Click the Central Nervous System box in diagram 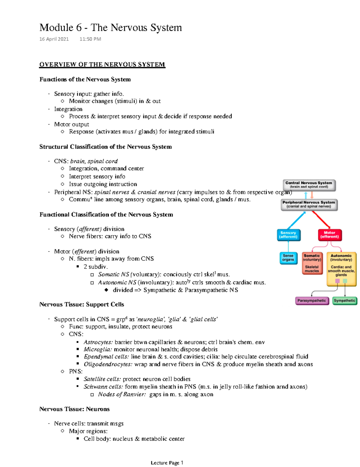click(x=309, y=185)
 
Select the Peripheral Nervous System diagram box click(x=309, y=205)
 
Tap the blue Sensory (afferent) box click(x=288, y=235)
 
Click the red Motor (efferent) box click(x=329, y=235)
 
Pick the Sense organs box click(x=288, y=258)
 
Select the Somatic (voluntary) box click(x=312, y=263)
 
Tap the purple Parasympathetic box click(x=312, y=301)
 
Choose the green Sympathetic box click(x=344, y=301)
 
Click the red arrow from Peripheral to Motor click(x=321, y=219)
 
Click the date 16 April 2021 click(x=54, y=39)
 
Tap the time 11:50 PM click(x=90, y=39)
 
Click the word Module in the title click(x=56, y=28)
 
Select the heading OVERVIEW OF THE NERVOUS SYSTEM click(x=102, y=65)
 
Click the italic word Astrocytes click(x=98, y=342)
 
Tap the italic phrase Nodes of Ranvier click(x=122, y=394)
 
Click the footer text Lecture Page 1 click(x=167, y=463)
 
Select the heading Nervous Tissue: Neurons click(x=74, y=409)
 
